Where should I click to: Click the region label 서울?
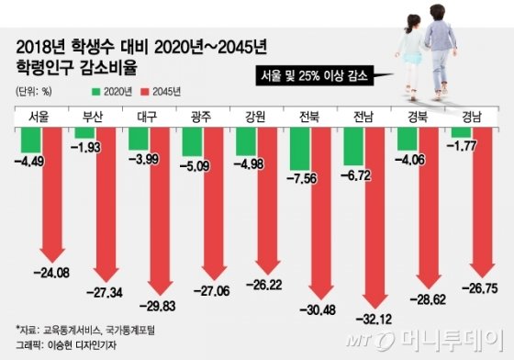39,118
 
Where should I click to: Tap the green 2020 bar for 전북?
300,149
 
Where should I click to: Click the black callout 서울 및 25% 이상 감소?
312,76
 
